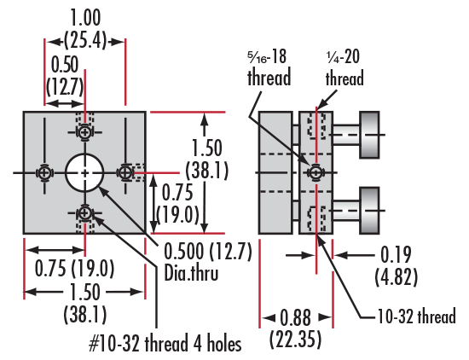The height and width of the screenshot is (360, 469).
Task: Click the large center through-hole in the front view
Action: tap(84, 172)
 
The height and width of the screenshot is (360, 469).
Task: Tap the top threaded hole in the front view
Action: tap(85, 132)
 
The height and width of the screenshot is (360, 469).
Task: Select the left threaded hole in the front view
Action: tap(44, 172)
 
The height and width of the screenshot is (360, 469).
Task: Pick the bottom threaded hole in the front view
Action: tap(85, 213)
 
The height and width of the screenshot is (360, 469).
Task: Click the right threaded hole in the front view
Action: tap(125, 172)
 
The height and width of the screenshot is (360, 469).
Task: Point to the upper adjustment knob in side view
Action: tap(370, 135)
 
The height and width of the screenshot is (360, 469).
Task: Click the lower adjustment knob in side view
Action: tap(370, 211)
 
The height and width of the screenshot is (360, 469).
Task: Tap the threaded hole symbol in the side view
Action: tap(316, 172)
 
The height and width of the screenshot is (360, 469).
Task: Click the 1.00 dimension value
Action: tap(85, 18)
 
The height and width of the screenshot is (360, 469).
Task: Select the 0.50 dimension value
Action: tap(65, 64)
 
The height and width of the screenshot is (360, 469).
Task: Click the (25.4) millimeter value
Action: tap(85, 40)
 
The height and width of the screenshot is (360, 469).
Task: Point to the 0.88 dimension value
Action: tap(296, 317)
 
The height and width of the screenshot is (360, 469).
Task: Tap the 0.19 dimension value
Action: tap(396, 255)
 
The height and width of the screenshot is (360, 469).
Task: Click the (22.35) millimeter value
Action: tap(296, 340)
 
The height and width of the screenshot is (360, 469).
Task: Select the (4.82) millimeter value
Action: tap(396, 276)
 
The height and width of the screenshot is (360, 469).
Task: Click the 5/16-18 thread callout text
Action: tap(269, 67)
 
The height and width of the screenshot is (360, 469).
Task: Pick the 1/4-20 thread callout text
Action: tap(345, 67)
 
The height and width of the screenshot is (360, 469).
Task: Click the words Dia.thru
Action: tap(191, 273)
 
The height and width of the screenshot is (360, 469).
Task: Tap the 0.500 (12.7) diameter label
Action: tap(208, 251)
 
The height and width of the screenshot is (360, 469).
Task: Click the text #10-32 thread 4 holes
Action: tap(165, 343)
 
